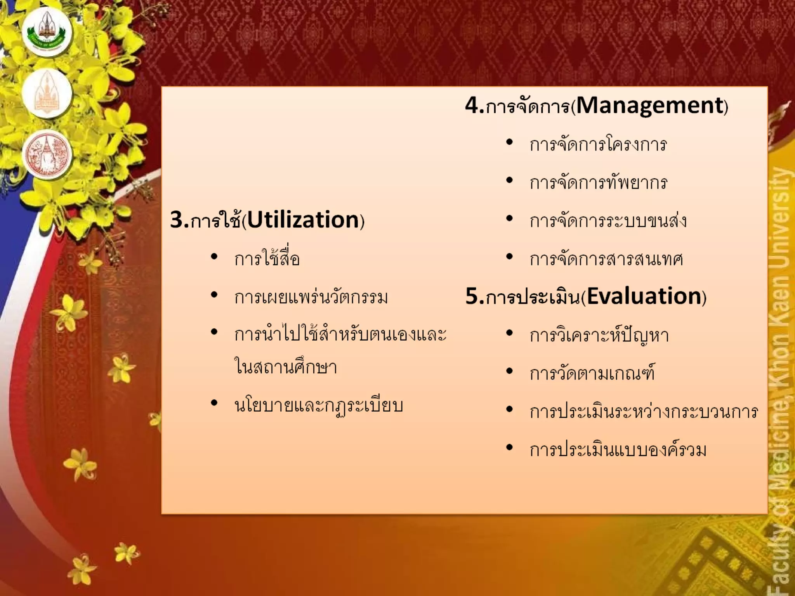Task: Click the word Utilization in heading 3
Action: pos(303,220)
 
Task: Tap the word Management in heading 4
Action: pos(650,105)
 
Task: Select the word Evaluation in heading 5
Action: pos(644,296)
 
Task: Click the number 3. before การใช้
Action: pos(179,220)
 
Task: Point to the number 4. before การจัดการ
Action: pos(474,105)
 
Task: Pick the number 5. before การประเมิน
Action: pos(474,296)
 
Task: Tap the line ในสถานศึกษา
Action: pos(285,367)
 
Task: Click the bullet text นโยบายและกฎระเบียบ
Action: pos(319,405)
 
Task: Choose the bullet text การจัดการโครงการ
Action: pos(598,145)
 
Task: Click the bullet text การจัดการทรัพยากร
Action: pos(598,183)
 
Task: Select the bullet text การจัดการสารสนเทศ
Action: pos(606,259)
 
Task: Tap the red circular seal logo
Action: pos(47,154)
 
